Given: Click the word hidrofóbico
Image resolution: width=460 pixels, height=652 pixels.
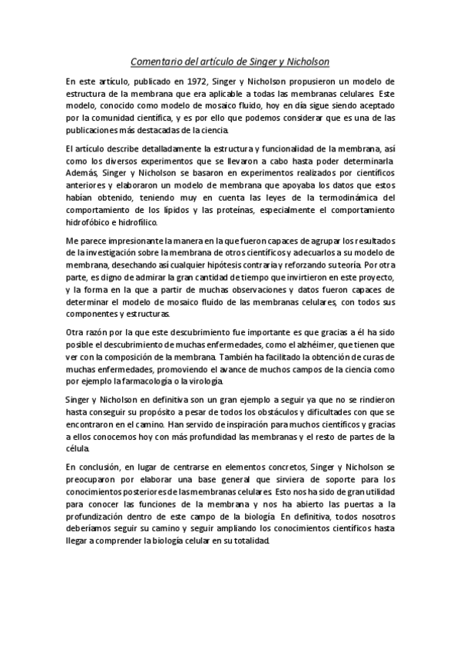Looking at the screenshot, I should click(90, 223).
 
